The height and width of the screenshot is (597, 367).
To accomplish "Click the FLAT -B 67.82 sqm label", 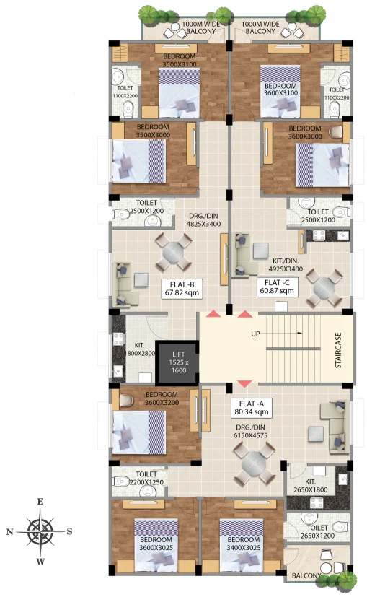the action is coord(182,289).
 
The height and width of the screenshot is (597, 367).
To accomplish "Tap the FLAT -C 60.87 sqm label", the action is coord(277,287).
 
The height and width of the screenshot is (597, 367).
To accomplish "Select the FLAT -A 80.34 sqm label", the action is coord(252,408).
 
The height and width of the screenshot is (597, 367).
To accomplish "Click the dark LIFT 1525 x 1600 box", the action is coord(177,362).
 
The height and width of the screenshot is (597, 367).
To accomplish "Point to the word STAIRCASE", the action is coord(338,350).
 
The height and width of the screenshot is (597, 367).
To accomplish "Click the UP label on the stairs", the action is coord(255,334).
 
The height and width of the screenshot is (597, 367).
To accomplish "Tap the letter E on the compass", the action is coord(40,502).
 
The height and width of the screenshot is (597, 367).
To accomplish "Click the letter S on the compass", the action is coord(69,531).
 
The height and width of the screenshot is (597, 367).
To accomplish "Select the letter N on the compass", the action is coord(10,531).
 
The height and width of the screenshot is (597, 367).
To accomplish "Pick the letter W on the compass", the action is coord(40,561).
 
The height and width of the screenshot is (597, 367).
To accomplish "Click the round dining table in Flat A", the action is coord(255,463).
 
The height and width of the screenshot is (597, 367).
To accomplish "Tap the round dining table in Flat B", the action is coord(173,251).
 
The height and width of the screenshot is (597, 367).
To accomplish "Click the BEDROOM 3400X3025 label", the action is coord(244,544).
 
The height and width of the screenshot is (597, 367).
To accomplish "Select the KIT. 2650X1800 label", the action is coord(310,486).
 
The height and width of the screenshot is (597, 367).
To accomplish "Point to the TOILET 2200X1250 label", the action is coord(146,478).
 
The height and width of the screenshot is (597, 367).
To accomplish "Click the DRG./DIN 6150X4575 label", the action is coord(250,431).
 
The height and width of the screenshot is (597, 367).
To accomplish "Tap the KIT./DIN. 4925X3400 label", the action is coord(286,265).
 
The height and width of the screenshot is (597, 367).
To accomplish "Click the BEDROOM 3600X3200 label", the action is coord(162,398).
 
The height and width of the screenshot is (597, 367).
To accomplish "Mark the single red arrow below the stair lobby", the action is coord(244,383).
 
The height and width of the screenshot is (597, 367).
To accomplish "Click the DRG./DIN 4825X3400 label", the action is coord(203,219).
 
